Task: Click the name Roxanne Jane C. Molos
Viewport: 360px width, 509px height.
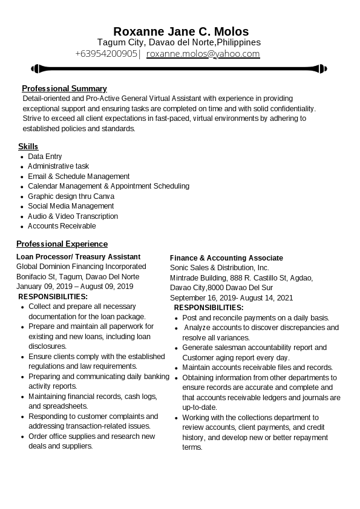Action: (x=180, y=31)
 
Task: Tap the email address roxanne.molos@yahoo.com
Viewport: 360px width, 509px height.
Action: (x=203, y=53)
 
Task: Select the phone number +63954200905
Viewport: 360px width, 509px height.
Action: (x=106, y=53)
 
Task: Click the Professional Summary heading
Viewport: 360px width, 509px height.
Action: (x=64, y=88)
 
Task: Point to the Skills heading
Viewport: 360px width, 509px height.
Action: (x=28, y=146)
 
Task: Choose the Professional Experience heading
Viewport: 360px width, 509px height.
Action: (x=62, y=244)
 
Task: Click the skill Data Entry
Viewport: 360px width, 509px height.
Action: (x=45, y=157)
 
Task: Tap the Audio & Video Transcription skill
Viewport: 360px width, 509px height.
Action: (x=73, y=216)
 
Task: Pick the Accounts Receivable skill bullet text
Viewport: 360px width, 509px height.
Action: (x=62, y=226)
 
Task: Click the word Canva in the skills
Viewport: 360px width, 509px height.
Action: (x=103, y=196)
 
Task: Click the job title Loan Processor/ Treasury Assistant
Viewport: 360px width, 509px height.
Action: (x=78, y=257)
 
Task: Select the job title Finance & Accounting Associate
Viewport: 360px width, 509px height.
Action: (x=226, y=258)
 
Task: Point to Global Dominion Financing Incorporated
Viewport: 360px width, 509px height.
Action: (x=81, y=267)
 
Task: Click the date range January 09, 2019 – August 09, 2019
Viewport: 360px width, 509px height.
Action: (x=74, y=287)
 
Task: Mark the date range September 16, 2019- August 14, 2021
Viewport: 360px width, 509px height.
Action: (x=231, y=297)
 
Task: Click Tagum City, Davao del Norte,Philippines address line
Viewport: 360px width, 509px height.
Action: (x=179, y=42)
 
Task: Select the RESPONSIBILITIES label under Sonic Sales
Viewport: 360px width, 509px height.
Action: (x=209, y=308)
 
